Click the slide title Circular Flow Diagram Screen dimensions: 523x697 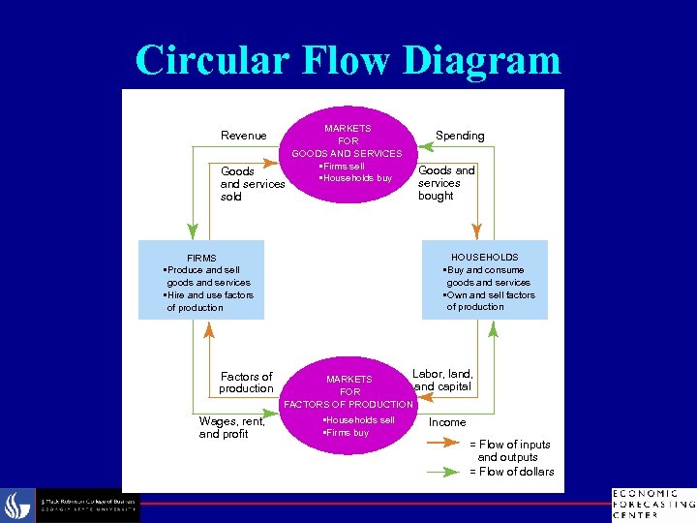(348, 60)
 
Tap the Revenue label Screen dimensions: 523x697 (243, 136)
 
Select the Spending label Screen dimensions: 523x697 (460, 136)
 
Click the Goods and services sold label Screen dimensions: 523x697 (252, 184)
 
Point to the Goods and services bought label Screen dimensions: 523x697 (446, 183)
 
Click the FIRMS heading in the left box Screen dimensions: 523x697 (201, 259)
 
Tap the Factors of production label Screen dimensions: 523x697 (246, 383)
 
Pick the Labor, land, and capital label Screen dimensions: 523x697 (442, 380)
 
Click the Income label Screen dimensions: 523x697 (447, 422)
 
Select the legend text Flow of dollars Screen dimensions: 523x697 (512, 472)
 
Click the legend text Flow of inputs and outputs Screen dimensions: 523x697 (511, 450)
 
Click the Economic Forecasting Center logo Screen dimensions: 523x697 (652, 504)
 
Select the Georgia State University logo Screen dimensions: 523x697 (73, 505)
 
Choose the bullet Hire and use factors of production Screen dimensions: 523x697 (208, 301)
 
